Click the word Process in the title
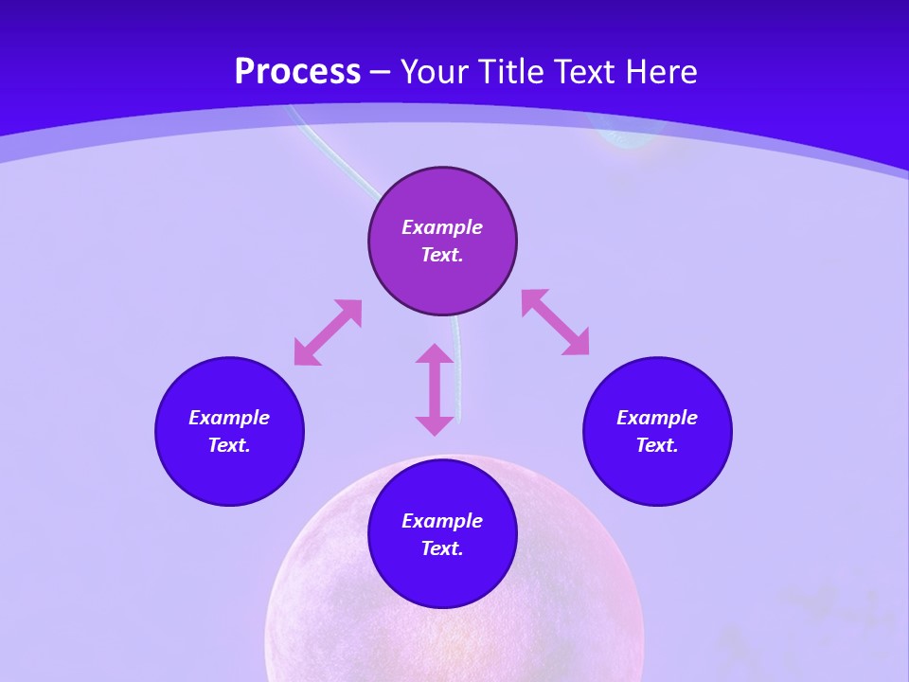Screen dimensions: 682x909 tap(297, 72)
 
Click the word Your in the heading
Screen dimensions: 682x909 tap(437, 72)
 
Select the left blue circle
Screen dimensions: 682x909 tap(229, 474)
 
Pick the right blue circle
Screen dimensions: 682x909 tap(657, 474)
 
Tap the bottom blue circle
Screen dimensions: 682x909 tap(442, 578)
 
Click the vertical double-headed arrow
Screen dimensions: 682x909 tap(435, 389)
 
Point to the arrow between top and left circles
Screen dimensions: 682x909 tap(328, 332)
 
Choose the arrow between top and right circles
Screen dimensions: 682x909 tap(555, 322)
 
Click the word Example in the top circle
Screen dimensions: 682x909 tap(442, 227)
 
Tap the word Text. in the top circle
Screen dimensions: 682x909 tap(442, 255)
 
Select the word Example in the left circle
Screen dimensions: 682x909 tap(229, 418)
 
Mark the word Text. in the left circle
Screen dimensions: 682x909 tap(229, 445)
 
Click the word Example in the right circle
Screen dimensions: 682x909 tap(657, 418)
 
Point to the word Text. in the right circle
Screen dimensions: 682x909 tap(657, 445)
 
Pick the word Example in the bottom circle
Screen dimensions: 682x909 tap(442, 521)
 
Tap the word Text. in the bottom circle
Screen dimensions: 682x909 tap(442, 548)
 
